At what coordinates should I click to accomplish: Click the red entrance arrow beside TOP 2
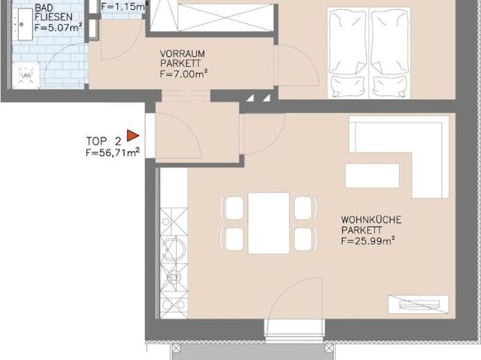(132, 135)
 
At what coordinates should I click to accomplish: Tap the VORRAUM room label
(183, 54)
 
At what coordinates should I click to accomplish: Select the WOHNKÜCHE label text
(371, 219)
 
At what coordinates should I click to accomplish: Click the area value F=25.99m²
(368, 241)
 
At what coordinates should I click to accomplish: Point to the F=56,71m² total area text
(113, 152)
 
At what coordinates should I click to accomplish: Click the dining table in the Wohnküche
(268, 223)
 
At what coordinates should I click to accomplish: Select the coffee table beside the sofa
(372, 175)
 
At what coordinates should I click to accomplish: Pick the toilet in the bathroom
(27, 75)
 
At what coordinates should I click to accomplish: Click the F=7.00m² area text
(183, 74)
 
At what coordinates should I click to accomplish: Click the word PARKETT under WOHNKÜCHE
(363, 230)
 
